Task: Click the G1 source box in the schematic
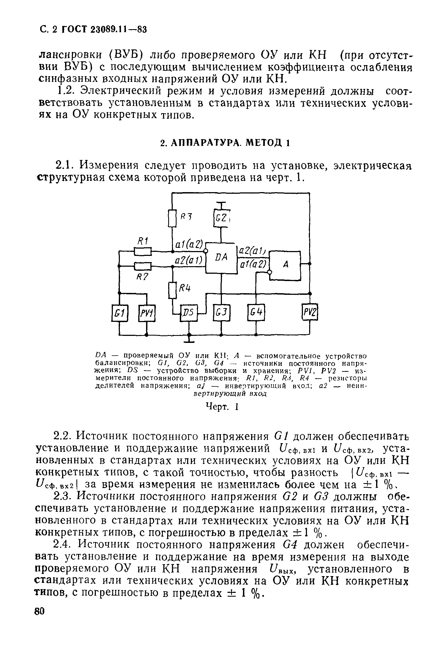(120, 313)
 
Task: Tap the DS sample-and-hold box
(189, 313)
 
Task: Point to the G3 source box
(221, 313)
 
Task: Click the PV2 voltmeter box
(309, 312)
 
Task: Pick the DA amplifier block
(221, 258)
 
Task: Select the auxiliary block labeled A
(285, 265)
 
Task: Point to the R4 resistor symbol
(172, 290)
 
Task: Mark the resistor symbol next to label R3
(172, 218)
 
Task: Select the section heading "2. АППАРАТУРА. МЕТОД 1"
(225, 143)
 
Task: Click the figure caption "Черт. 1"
(222, 407)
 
